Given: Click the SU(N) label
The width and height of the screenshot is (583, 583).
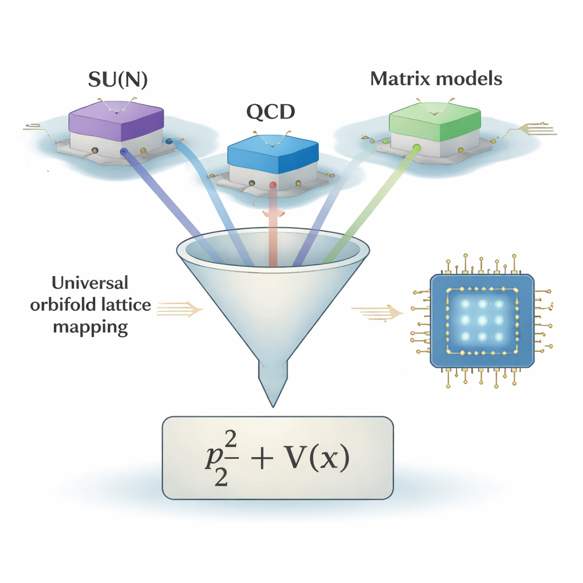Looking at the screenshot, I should click(118, 80).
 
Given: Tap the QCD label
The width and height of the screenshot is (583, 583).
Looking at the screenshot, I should click(270, 112).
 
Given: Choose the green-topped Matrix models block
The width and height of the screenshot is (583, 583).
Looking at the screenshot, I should click(434, 120).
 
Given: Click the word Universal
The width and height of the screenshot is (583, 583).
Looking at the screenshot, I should click(90, 282).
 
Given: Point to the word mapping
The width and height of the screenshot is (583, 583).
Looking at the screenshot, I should click(91, 328).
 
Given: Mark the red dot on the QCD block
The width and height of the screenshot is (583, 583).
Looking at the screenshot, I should click(273, 185).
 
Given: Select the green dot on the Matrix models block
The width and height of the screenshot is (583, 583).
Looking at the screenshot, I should click(417, 147).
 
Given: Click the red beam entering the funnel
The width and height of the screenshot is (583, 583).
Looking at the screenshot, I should click(273, 228).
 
